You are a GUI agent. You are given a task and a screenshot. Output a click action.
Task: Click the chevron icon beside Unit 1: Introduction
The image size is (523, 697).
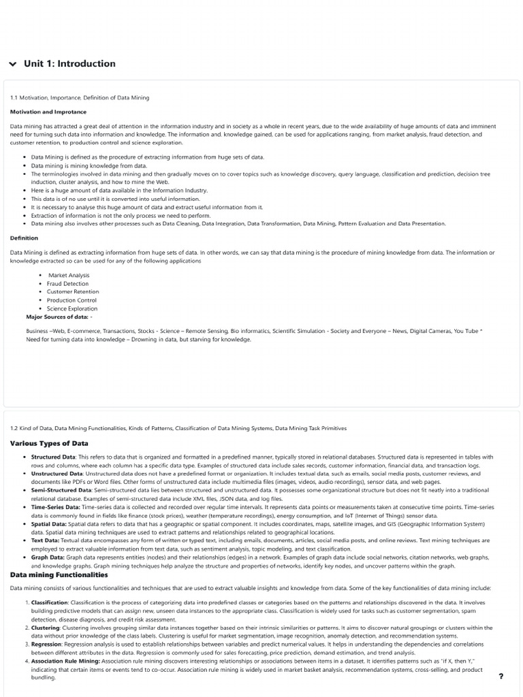tap(12, 64)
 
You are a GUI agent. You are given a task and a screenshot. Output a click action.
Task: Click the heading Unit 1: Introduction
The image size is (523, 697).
tap(69, 64)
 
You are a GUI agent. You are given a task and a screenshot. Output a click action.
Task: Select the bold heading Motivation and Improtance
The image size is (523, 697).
tap(48, 112)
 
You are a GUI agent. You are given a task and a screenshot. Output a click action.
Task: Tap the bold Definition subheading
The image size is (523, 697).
tap(24, 238)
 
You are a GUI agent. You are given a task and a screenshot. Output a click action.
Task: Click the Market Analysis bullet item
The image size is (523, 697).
tap(69, 276)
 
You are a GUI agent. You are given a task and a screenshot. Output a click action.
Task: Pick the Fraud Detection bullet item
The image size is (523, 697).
tap(67, 284)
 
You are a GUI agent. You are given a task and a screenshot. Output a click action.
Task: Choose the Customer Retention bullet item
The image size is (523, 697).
tap(73, 292)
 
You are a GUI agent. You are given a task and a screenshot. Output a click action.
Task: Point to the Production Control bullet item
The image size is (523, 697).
tap(72, 300)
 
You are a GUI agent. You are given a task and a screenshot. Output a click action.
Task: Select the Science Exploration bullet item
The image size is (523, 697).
tap(72, 308)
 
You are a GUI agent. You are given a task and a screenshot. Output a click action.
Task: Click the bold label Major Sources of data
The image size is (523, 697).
tap(57, 317)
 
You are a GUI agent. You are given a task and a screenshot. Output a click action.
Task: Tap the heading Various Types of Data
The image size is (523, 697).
tap(49, 443)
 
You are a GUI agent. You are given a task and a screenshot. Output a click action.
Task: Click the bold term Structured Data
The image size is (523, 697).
tap(53, 457)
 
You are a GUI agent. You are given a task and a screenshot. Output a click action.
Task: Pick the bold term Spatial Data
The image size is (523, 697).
tap(48, 524)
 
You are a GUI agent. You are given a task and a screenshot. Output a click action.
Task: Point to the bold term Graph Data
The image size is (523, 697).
tap(48, 557)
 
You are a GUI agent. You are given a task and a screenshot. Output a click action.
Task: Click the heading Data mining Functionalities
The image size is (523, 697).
tap(59, 574)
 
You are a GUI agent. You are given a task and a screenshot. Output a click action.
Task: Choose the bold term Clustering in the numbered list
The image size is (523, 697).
tap(45, 628)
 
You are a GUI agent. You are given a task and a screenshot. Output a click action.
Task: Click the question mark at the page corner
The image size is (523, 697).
tap(501, 677)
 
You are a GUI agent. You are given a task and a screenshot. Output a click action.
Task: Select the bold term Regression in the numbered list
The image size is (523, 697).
tap(46, 644)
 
